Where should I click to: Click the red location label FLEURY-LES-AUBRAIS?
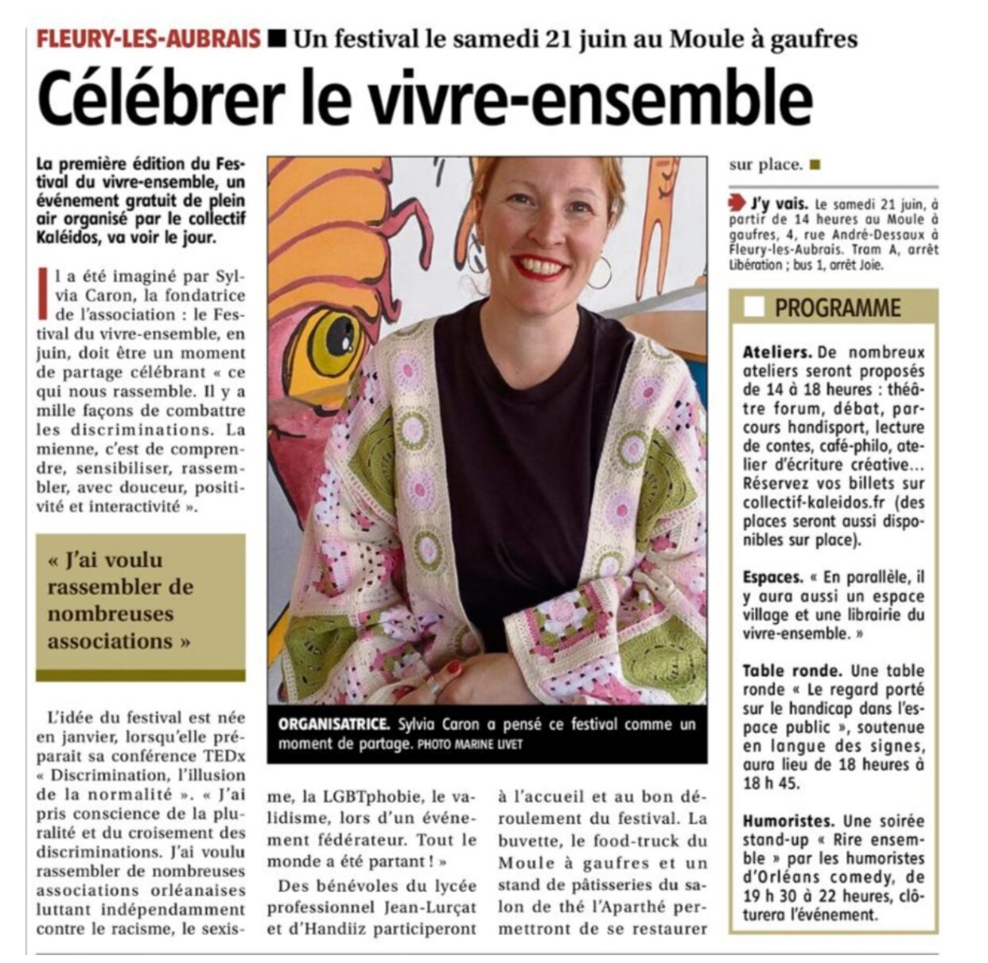[x=149, y=38]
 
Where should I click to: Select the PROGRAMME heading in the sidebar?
[x=838, y=308]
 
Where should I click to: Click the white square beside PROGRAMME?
[x=753, y=307]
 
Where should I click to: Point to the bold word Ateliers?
[x=777, y=352]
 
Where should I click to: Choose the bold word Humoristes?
[x=788, y=821]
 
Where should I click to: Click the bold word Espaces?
[x=772, y=577]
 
